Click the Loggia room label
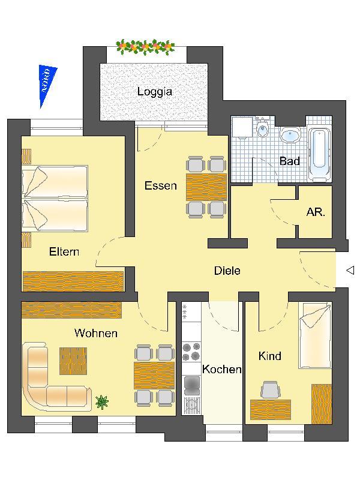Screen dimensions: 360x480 pyautogui.click(x=155, y=92)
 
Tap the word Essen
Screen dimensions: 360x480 pyautogui.click(x=161, y=185)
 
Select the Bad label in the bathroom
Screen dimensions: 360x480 pyautogui.click(x=290, y=161)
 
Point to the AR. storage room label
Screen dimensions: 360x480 pyautogui.click(x=316, y=212)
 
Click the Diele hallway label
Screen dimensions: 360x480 pyautogui.click(x=227, y=271)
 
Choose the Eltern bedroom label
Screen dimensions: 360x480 pyautogui.click(x=64, y=251)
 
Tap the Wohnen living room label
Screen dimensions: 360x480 pyautogui.click(x=96, y=333)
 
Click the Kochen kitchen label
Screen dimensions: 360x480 pyautogui.click(x=222, y=369)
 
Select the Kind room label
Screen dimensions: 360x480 pyautogui.click(x=269, y=356)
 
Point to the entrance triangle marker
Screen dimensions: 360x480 pyautogui.click(x=350, y=270)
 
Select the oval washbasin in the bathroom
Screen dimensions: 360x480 pyautogui.click(x=290, y=136)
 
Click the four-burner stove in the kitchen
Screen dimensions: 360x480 pyautogui.click(x=191, y=352)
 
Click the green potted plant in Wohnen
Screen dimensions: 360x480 pyautogui.click(x=101, y=402)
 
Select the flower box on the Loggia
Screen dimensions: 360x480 pyautogui.click(x=145, y=47)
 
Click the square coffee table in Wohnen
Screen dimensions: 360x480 pyautogui.click(x=73, y=361)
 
